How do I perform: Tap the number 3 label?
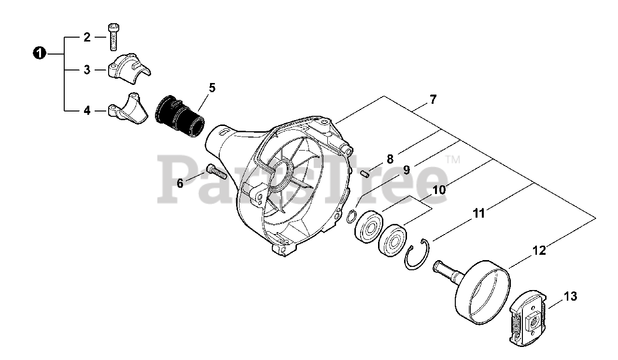(x=87, y=70)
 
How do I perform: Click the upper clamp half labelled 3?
(x=128, y=68)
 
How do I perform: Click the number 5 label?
(x=212, y=88)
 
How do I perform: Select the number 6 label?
(x=180, y=183)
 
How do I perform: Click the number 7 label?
(x=433, y=100)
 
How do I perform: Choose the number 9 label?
(x=407, y=170)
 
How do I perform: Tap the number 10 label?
(x=439, y=190)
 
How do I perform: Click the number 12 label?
(x=539, y=250)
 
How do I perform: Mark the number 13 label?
(x=570, y=297)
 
